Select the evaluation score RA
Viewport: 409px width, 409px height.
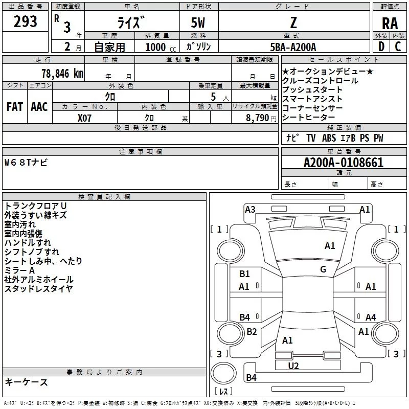[390, 23]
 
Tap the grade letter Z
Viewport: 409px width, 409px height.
[293, 22]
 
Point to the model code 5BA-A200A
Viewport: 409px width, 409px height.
[293, 47]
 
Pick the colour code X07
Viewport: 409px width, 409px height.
[85, 117]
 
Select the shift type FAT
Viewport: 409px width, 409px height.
[14, 107]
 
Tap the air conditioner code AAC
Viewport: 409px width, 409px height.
[39, 107]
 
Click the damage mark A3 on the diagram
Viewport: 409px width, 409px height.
[250, 209]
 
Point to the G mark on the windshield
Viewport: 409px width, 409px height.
[323, 269]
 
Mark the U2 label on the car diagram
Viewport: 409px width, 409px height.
[293, 366]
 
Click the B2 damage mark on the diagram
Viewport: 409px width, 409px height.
[252, 332]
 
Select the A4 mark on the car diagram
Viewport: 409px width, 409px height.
[371, 317]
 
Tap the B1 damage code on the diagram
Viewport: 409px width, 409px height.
[244, 274]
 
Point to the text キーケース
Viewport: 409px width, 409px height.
[26, 382]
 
